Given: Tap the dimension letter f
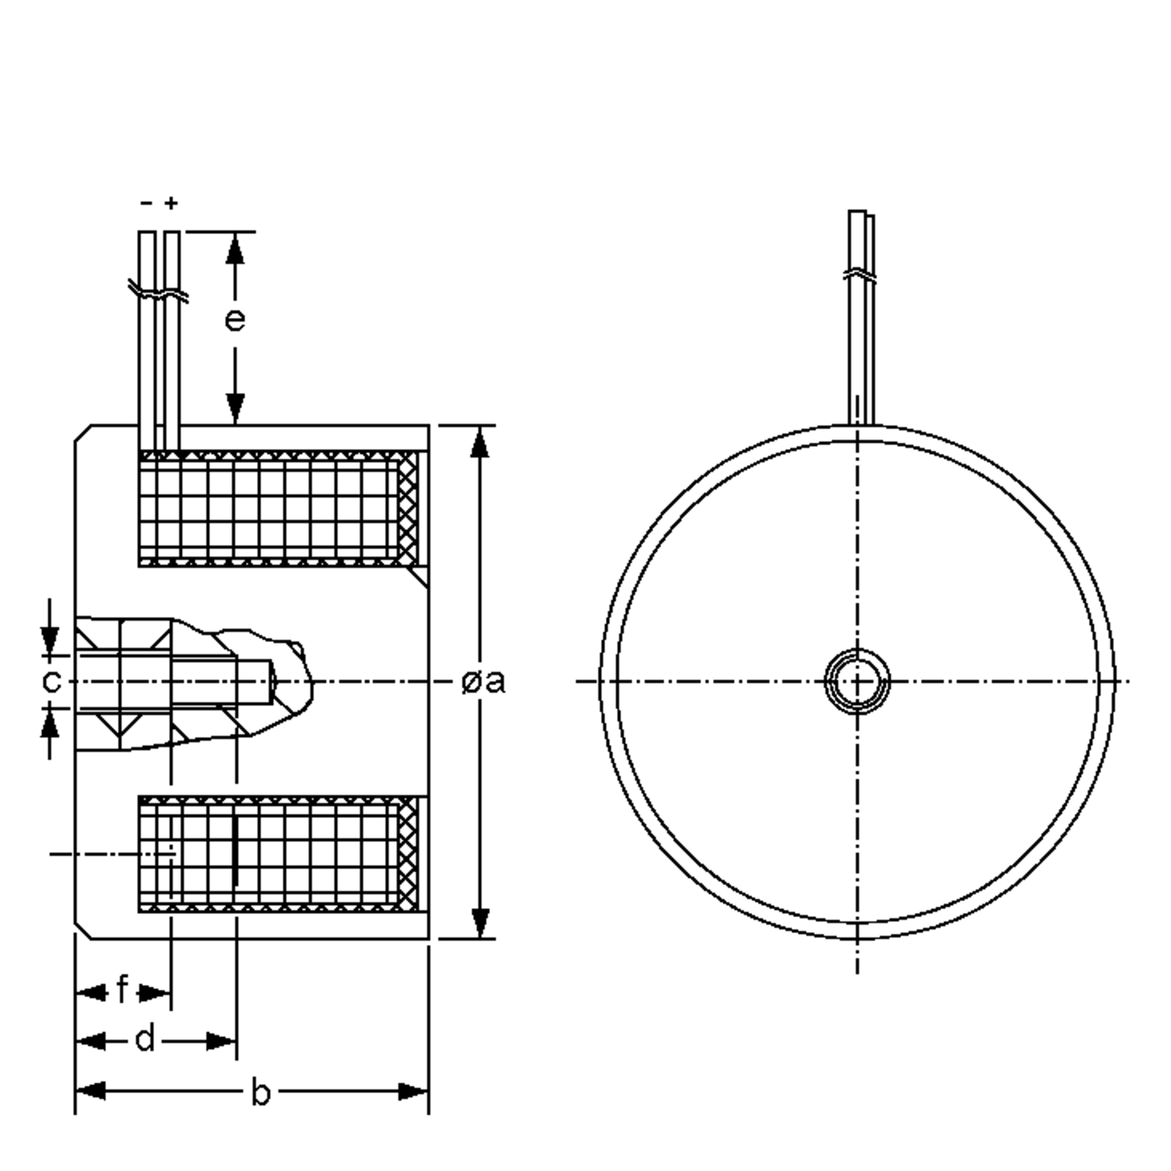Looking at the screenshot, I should (x=122, y=990).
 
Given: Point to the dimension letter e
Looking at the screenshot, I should (x=235, y=320).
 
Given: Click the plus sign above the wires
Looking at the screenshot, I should (x=172, y=203).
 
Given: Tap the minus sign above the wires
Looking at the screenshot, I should (x=146, y=203).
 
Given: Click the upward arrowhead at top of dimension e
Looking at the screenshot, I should (x=235, y=248).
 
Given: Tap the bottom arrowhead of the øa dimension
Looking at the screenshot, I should (x=480, y=923).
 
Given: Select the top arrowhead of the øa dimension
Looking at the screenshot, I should (x=480, y=443).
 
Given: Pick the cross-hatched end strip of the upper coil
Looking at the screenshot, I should (x=408, y=508).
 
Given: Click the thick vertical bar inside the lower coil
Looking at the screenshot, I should (x=236, y=851).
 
